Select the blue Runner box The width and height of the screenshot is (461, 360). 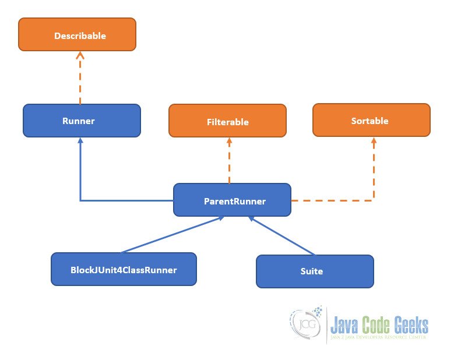82,121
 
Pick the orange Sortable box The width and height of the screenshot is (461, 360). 371,120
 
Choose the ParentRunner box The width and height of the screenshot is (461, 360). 232,200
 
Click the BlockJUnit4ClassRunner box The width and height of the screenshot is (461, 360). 124,269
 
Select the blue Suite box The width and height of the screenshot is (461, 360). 315,271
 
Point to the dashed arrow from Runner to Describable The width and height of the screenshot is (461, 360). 80,79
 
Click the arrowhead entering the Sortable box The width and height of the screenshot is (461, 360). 374,141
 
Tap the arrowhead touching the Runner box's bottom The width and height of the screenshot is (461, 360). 80,142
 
